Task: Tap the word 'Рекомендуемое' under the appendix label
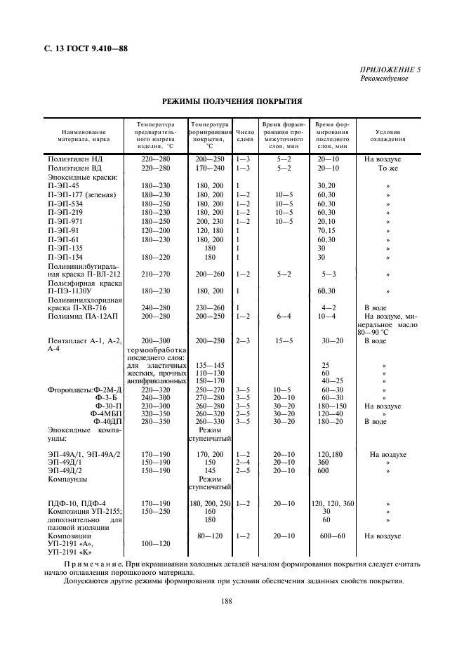[x=384, y=78]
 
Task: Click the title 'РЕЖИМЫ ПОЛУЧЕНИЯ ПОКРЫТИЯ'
[x=232, y=101]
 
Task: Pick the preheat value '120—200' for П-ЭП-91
[x=156, y=230]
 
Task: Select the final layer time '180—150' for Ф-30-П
[x=329, y=405]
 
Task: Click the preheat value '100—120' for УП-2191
[x=156, y=543]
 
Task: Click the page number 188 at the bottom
[x=227, y=600]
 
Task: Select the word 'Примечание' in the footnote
[x=93, y=564]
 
